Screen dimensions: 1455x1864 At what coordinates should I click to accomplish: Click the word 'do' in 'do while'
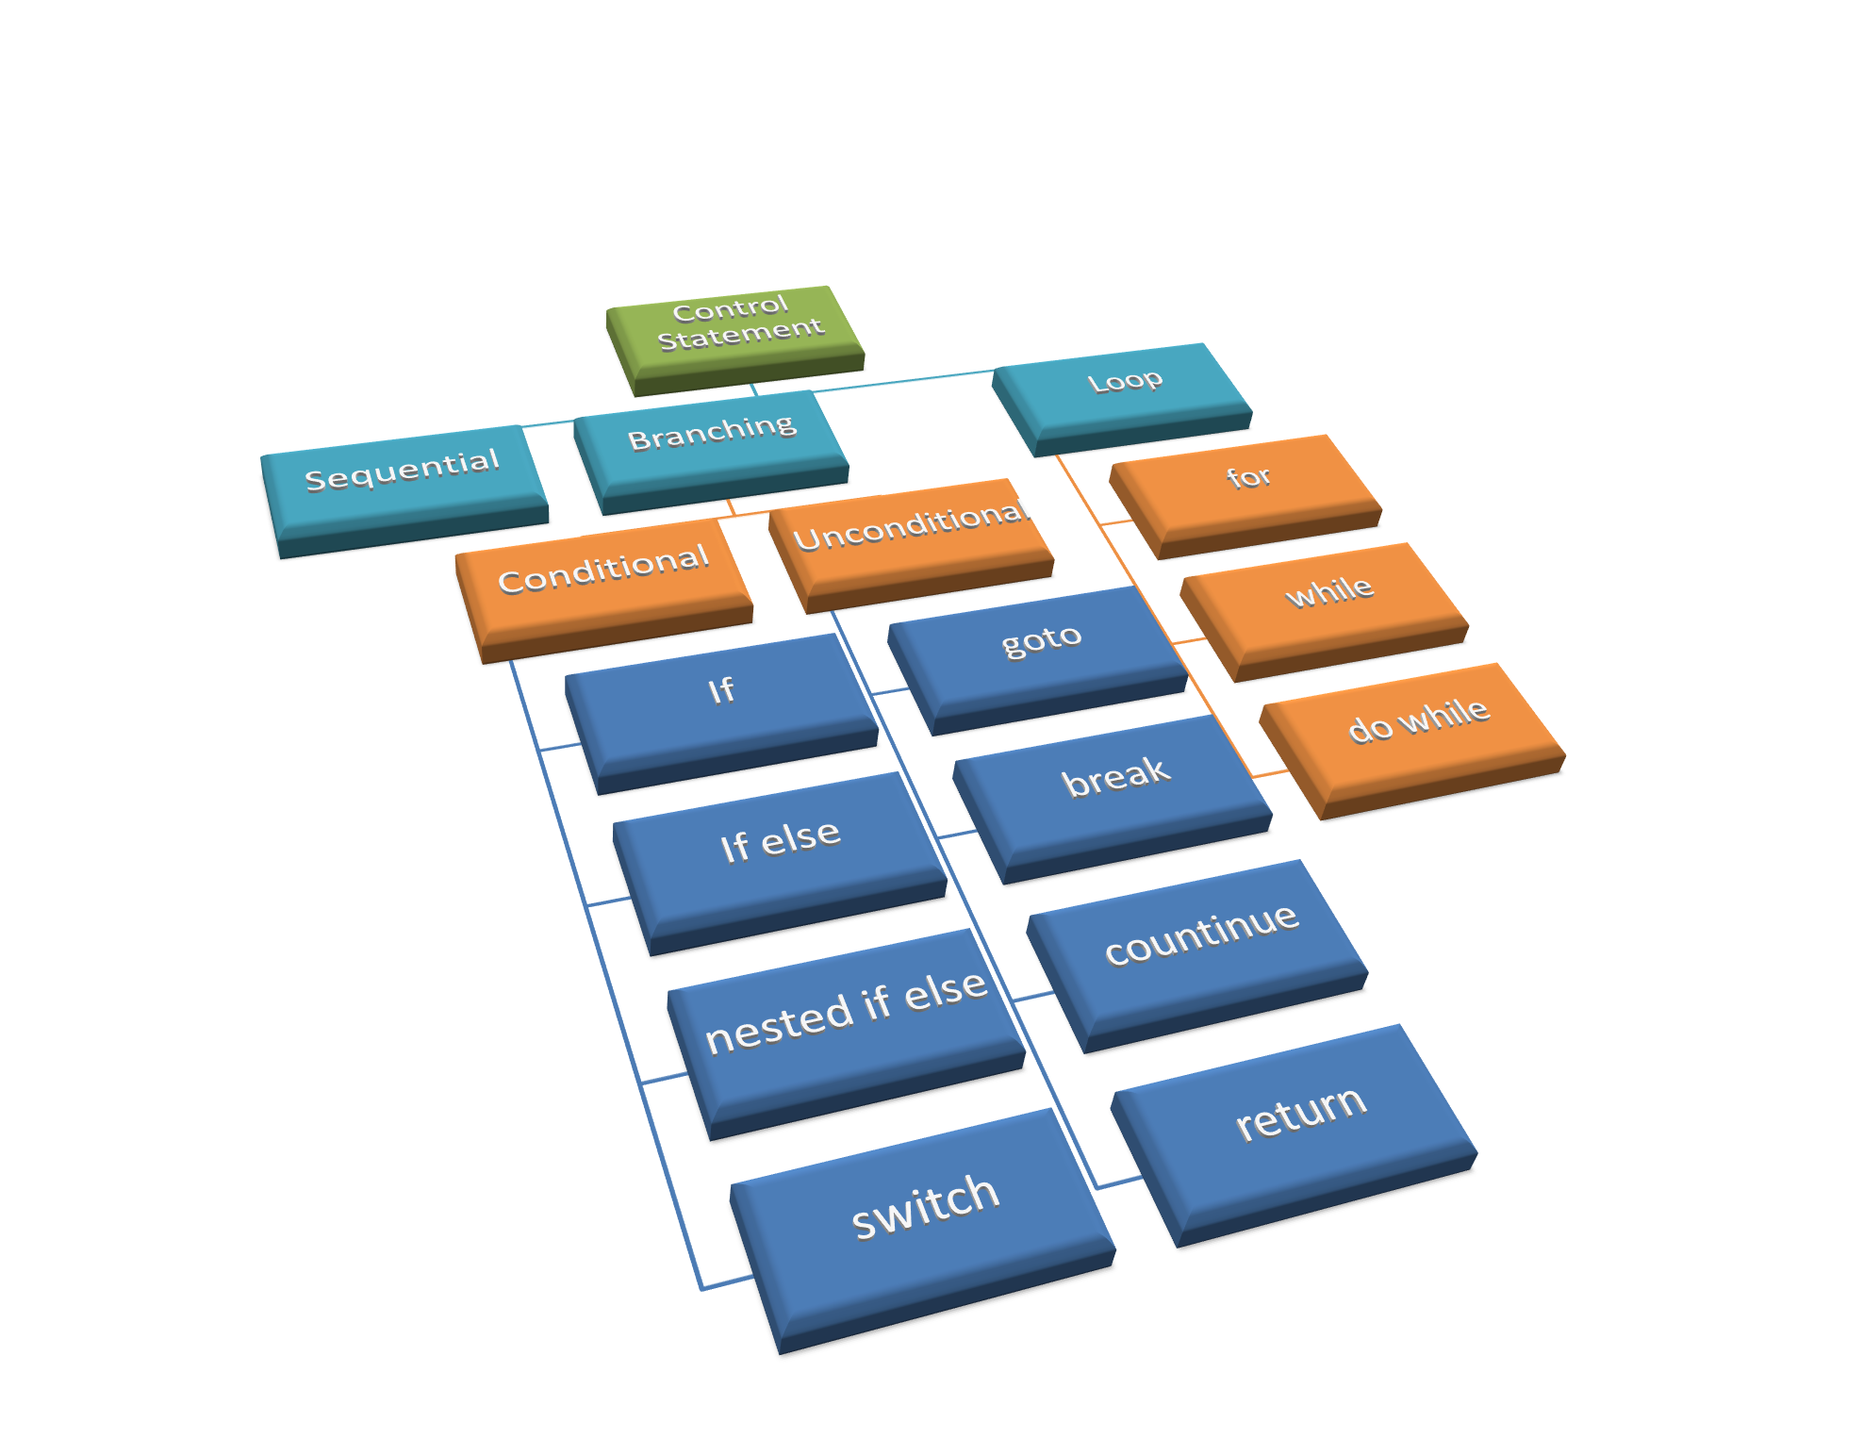1370,729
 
